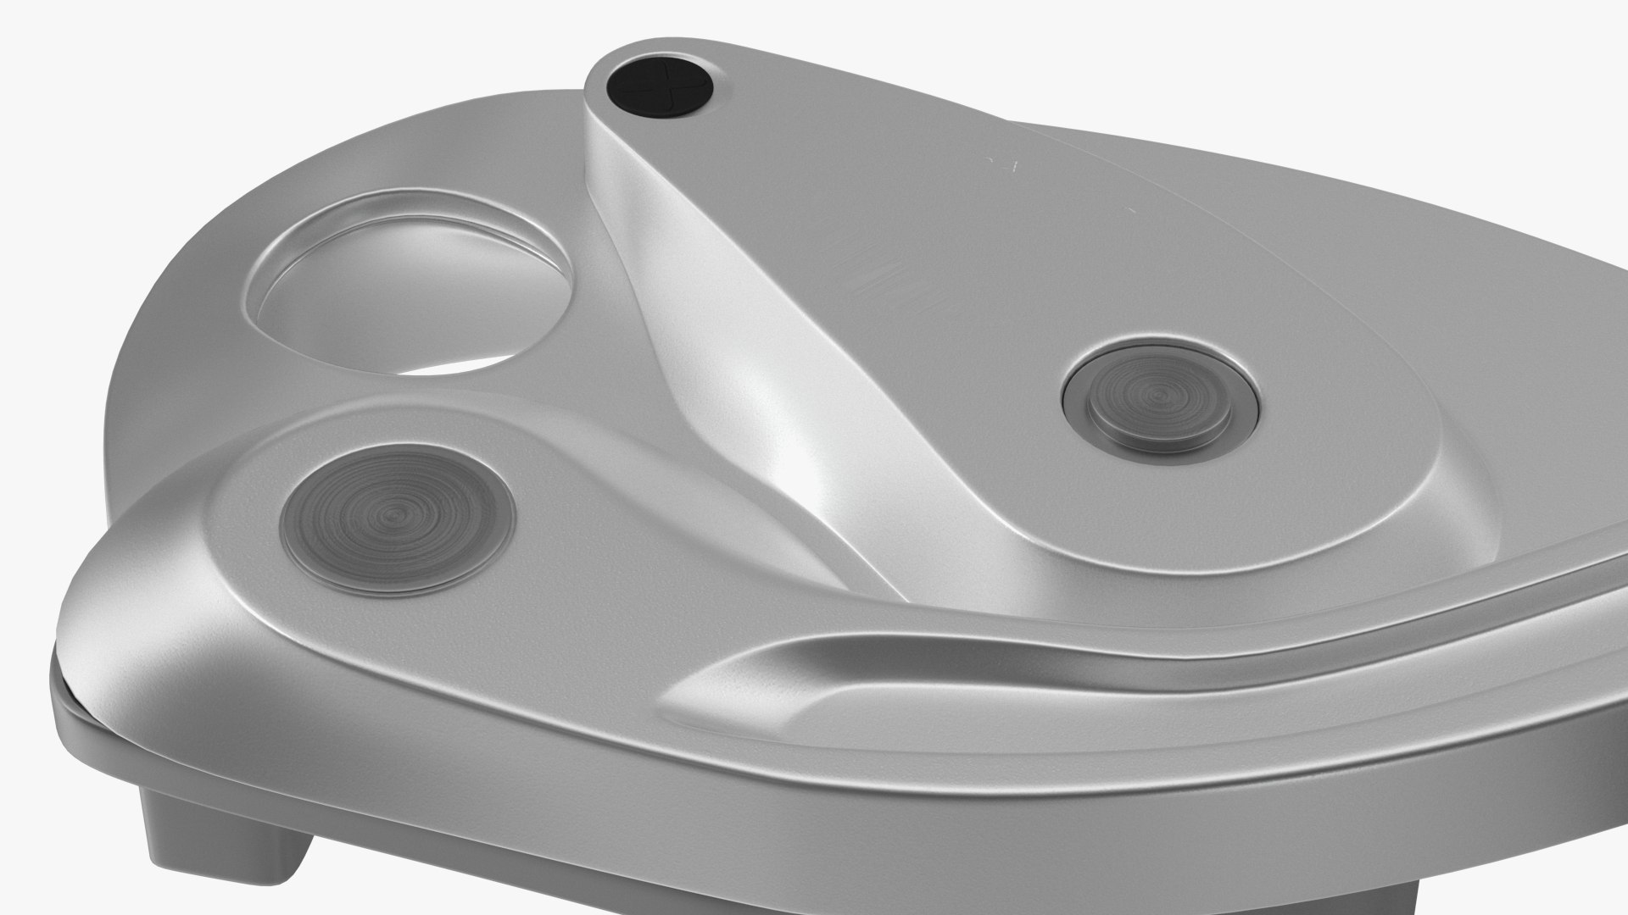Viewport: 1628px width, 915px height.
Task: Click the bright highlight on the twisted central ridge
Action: [x=763, y=407]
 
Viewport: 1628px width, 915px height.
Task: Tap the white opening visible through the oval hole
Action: [x=458, y=360]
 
